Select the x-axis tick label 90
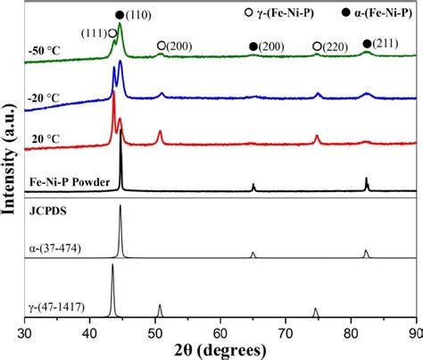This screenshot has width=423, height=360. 414,332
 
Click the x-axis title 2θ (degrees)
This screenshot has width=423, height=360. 220,349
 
